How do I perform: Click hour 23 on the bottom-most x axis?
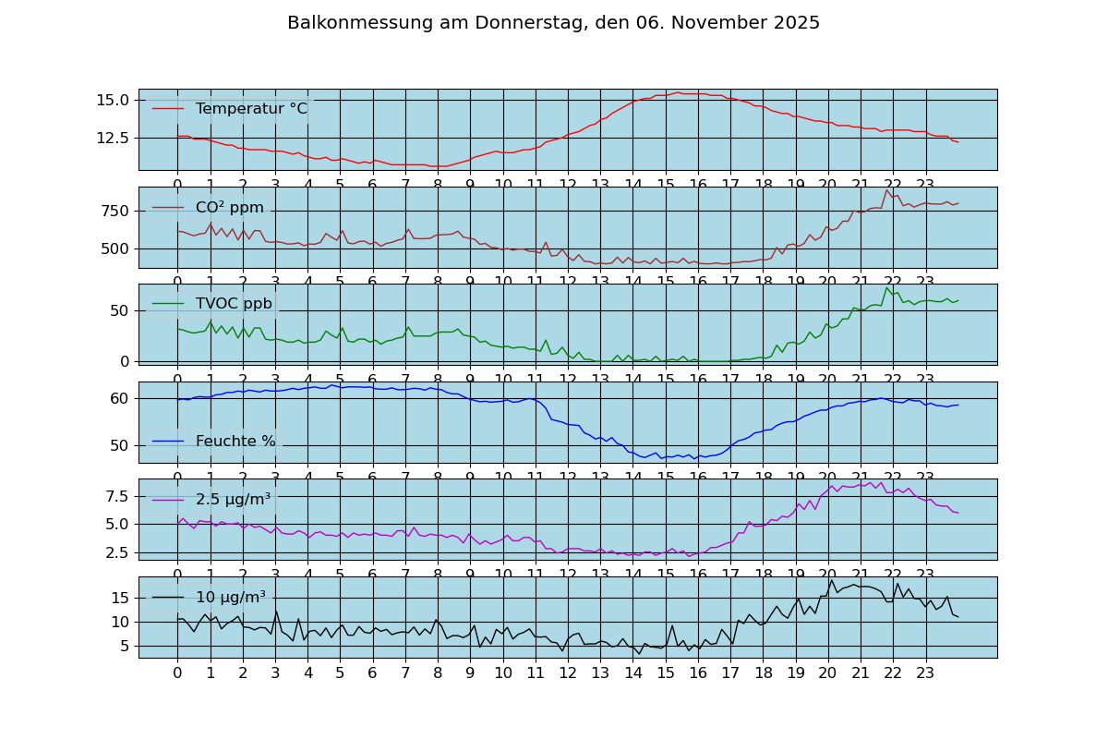pyautogui.click(x=925, y=673)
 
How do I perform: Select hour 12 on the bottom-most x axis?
pyautogui.click(x=568, y=673)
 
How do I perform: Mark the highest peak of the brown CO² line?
pyautogui.click(x=886, y=189)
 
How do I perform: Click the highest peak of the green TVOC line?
pyautogui.click(x=886, y=287)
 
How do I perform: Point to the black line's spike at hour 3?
pyautogui.click(x=276, y=611)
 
